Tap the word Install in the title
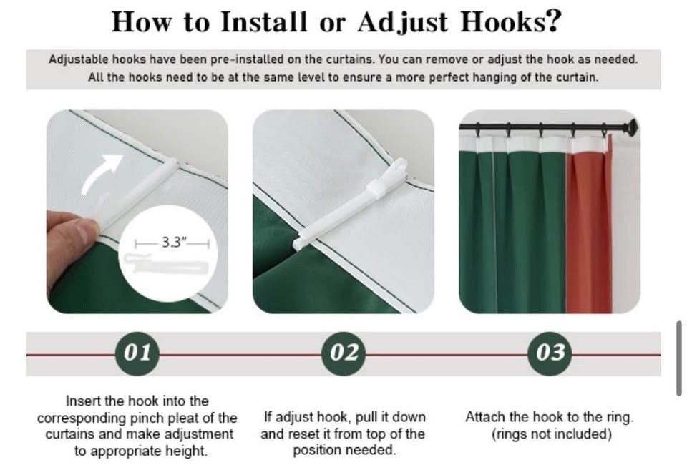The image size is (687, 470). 263,21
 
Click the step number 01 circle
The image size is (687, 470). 137,353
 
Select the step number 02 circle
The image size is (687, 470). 343,353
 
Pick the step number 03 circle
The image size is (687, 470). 550,353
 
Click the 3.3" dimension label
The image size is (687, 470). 172,243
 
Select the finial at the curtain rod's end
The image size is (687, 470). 632,125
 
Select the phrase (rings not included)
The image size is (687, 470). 551,434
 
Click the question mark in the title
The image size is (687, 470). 553,21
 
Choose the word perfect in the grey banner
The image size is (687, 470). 449,77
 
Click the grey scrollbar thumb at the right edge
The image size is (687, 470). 679,358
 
